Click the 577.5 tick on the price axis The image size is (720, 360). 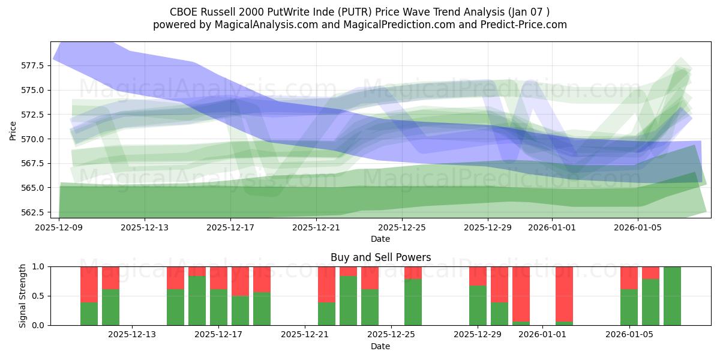[x=34, y=65]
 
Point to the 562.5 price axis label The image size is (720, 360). [x=34, y=212]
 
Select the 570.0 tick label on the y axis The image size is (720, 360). [x=34, y=139]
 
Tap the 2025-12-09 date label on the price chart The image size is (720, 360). [x=59, y=228]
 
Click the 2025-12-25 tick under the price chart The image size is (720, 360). [x=401, y=228]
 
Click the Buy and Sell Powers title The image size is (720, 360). [x=380, y=257]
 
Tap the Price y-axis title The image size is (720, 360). [x=13, y=130]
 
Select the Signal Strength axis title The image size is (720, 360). [x=23, y=296]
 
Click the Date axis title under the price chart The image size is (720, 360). [x=380, y=239]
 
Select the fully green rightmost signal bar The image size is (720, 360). [x=672, y=296]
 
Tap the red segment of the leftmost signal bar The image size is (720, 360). [x=89, y=284]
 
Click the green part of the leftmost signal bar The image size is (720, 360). [x=89, y=314]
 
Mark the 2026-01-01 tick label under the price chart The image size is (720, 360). [x=552, y=228]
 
